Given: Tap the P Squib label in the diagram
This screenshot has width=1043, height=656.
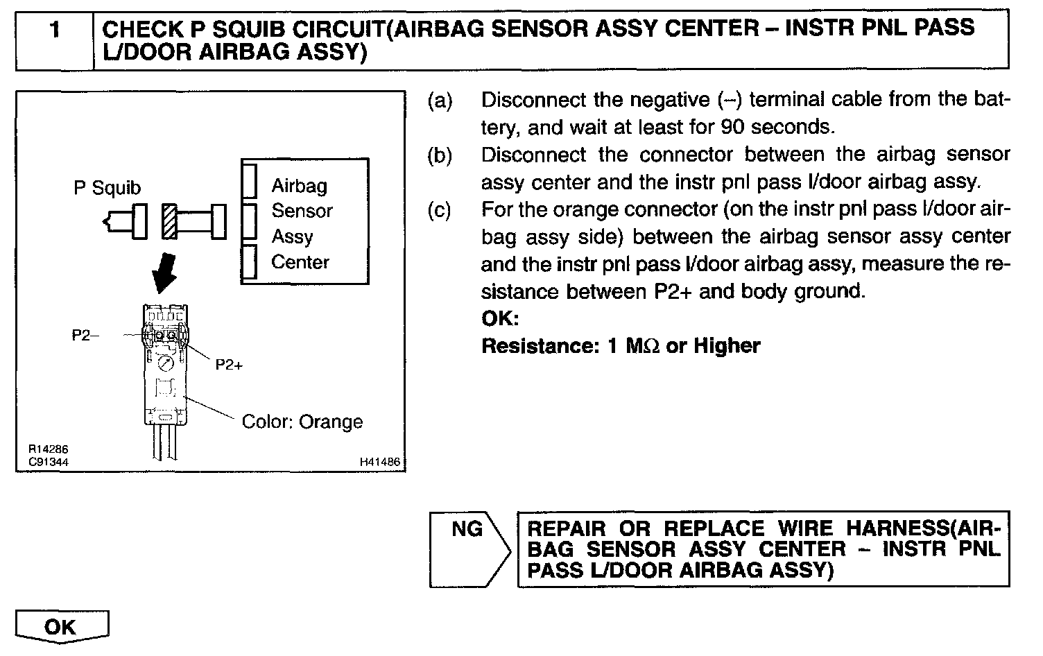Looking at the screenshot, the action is [x=107, y=188].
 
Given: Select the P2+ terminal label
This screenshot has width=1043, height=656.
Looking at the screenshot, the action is [x=229, y=365].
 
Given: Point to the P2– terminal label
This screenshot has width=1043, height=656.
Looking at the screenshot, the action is [x=85, y=336].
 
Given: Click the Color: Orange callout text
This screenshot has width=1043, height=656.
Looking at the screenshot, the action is [x=302, y=422].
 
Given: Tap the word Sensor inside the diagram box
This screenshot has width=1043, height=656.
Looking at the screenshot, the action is [x=302, y=211].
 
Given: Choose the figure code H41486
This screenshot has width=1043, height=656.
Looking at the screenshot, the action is [x=380, y=462].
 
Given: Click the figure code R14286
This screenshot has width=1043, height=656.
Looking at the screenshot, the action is [x=49, y=450].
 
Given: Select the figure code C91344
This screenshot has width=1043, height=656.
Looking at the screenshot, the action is [x=49, y=462].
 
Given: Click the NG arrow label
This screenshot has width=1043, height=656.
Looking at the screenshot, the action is [x=467, y=530].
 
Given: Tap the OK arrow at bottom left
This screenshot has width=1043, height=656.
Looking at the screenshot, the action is [x=61, y=627].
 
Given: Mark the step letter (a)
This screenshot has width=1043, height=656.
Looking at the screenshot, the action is [x=440, y=101].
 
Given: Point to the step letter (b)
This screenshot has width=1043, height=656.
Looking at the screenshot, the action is [x=440, y=155].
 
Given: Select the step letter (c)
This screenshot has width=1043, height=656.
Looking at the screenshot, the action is [x=440, y=209].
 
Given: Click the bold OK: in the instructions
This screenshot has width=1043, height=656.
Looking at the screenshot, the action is [x=500, y=319].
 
